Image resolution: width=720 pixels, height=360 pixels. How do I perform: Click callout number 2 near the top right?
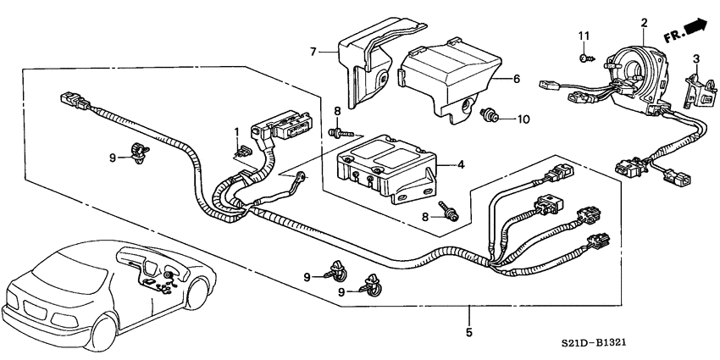pyautogui.click(x=644, y=23)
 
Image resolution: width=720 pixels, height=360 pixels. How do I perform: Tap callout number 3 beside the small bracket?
pyautogui.click(x=695, y=58)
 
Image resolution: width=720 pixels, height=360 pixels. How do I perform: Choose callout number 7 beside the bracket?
pyautogui.click(x=312, y=53)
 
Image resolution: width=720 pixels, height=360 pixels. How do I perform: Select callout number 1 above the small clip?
pyautogui.click(x=238, y=132)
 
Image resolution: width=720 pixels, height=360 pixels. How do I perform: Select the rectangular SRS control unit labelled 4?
pyautogui.click(x=385, y=167)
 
